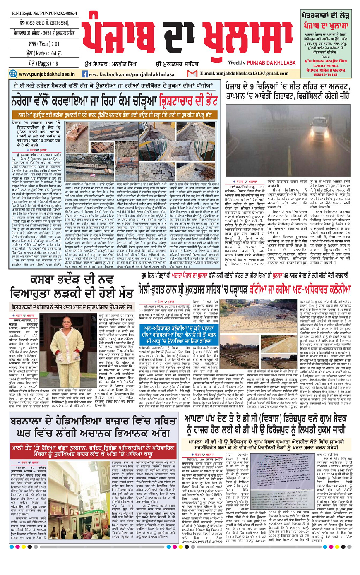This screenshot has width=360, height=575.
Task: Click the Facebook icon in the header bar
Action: click(85, 74)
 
